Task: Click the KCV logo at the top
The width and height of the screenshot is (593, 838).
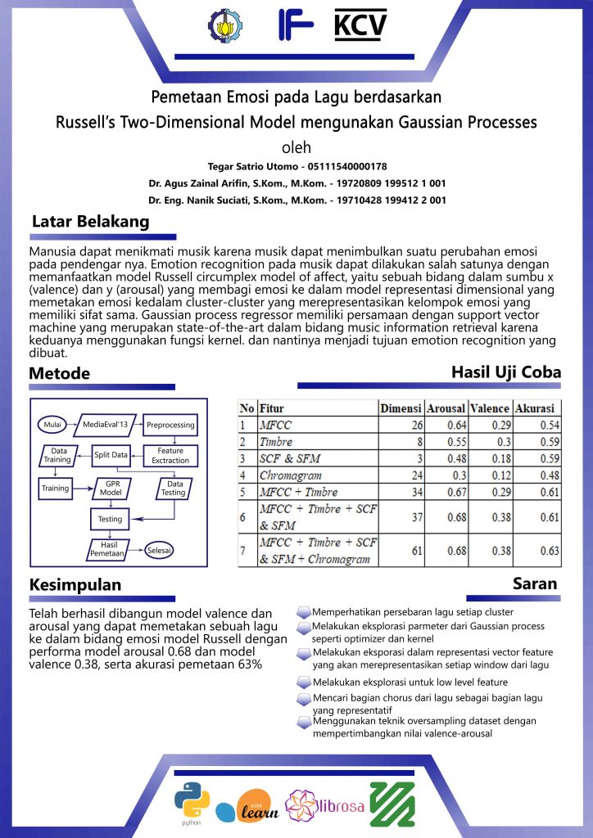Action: pyautogui.click(x=360, y=25)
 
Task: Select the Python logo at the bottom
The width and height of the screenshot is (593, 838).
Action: pyautogui.click(x=191, y=800)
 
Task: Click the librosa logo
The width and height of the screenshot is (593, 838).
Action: pyautogui.click(x=324, y=804)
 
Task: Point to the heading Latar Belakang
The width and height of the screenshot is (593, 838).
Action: pyautogui.click(x=90, y=222)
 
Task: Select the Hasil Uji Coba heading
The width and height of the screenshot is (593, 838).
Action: pyautogui.click(x=506, y=372)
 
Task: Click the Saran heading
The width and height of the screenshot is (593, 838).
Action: pyautogui.click(x=535, y=583)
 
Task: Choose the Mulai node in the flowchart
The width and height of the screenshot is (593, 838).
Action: pyautogui.click(x=53, y=425)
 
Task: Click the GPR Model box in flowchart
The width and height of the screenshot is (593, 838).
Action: pyautogui.click(x=110, y=489)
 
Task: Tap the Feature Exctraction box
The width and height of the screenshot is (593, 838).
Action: pyautogui.click(x=170, y=455)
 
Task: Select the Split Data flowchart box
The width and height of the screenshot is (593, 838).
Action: pyautogui.click(x=111, y=455)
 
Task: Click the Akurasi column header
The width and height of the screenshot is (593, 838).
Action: pyautogui.click(x=534, y=408)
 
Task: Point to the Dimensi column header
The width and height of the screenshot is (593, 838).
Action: pyautogui.click(x=401, y=408)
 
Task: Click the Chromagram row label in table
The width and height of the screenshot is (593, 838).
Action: pyautogui.click(x=291, y=475)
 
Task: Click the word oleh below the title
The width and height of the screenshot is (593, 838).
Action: pyautogui.click(x=296, y=148)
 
